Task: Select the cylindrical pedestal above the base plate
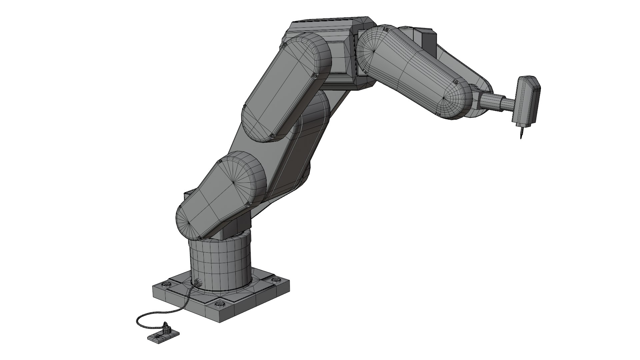point(220,263)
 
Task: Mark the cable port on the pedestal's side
point(197,283)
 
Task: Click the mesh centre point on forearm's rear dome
point(374,51)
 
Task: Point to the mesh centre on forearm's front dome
point(445,98)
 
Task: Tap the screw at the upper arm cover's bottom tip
point(273,136)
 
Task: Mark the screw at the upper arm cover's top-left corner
point(284,45)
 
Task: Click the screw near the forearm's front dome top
point(455,81)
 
